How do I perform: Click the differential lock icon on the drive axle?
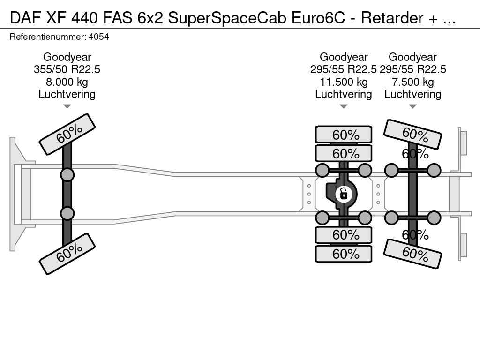[x=344, y=194]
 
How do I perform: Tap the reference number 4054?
[x=98, y=37]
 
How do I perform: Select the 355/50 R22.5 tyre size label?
[x=67, y=69]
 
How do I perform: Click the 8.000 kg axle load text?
[x=67, y=82]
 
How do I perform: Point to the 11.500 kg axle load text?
[x=344, y=82]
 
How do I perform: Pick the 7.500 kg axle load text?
[x=412, y=82]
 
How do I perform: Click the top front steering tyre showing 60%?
[x=67, y=135]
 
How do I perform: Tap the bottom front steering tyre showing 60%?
[x=67, y=254]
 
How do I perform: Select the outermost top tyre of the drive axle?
[x=344, y=135]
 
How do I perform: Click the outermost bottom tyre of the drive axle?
[x=344, y=254]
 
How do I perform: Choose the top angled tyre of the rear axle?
[x=412, y=134]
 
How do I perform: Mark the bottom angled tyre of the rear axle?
[x=412, y=254]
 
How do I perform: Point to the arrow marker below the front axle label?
[x=67, y=106]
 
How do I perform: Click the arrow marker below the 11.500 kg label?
[x=344, y=106]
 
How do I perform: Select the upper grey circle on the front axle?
[x=67, y=175]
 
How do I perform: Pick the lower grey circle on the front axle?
[x=67, y=213]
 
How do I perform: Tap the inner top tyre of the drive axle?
[x=344, y=153]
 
